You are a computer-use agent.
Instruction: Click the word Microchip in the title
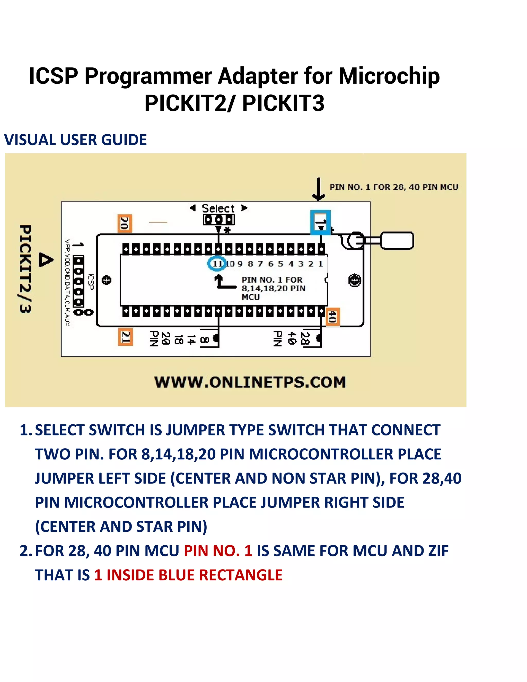click(x=389, y=76)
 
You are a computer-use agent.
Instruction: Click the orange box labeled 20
click(x=125, y=223)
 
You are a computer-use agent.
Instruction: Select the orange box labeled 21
click(x=126, y=337)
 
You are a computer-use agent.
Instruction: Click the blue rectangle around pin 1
click(x=320, y=222)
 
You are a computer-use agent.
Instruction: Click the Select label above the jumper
click(x=218, y=208)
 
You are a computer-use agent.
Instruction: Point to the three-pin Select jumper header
click(x=218, y=220)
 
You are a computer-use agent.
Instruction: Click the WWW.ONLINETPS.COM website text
click(x=250, y=382)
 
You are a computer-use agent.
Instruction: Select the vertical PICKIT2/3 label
click(x=25, y=268)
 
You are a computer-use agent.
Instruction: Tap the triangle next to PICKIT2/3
click(x=46, y=260)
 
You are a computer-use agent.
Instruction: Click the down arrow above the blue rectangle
click(x=319, y=189)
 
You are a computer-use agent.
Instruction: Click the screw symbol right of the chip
click(x=355, y=280)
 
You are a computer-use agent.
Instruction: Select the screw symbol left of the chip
click(x=107, y=280)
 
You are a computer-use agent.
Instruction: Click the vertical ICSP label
click(x=91, y=282)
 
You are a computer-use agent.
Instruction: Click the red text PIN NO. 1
click(x=218, y=550)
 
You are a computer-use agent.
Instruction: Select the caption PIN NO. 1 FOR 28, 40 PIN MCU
click(x=394, y=187)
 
